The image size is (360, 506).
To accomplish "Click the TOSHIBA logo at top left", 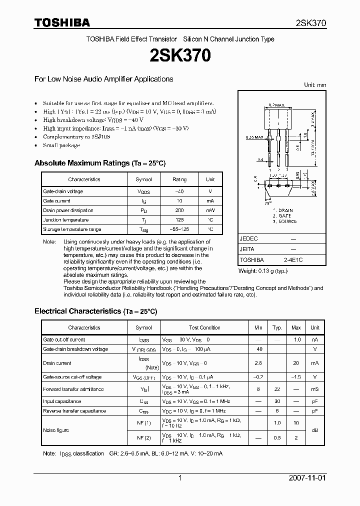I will tap(62, 22).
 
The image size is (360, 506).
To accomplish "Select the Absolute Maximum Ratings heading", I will tap(99, 163).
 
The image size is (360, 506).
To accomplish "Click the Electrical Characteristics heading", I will tap(95, 311).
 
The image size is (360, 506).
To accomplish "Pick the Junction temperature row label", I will tap(65, 220).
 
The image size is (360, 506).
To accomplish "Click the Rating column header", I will tap(179, 179).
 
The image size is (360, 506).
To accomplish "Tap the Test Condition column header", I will tap(204, 328).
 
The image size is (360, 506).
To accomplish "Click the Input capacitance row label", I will tap(62, 401).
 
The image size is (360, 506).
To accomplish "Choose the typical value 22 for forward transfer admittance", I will tap(277, 389).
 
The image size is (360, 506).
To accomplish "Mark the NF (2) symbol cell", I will tap(144, 437).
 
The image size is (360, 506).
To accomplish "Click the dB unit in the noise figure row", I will tap(315, 430).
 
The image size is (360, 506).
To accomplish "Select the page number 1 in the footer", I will tap(180, 478).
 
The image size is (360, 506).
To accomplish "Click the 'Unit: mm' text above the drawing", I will tap(315, 85).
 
